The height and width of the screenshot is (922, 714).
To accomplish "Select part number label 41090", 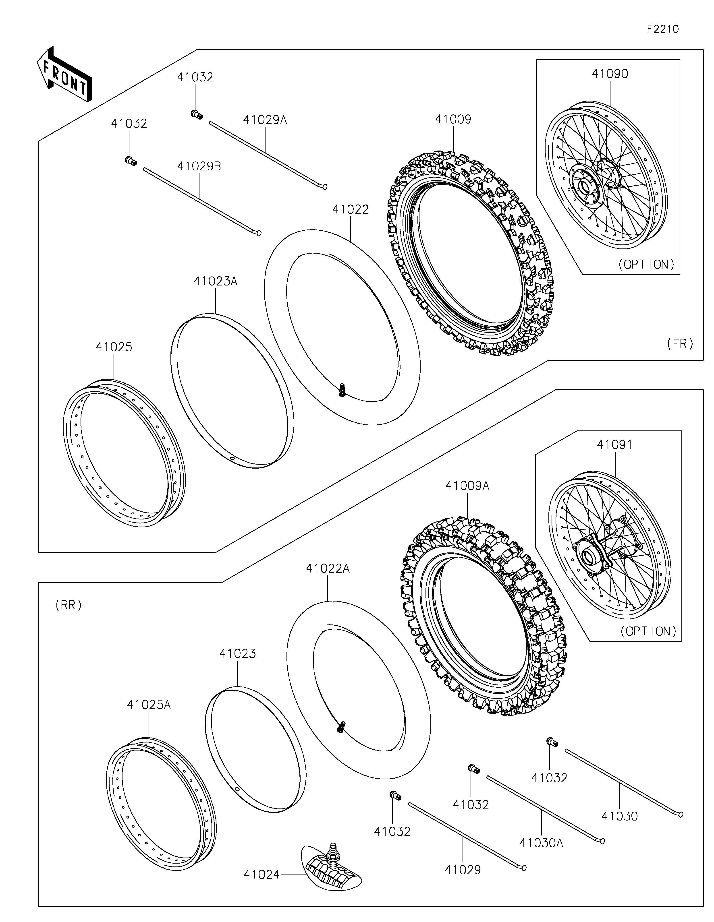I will (610, 74).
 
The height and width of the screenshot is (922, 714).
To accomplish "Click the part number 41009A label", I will (467, 486).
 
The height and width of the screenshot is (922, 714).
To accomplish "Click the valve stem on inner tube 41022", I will (342, 389).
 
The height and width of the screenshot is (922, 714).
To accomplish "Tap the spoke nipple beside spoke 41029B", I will (131, 160).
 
